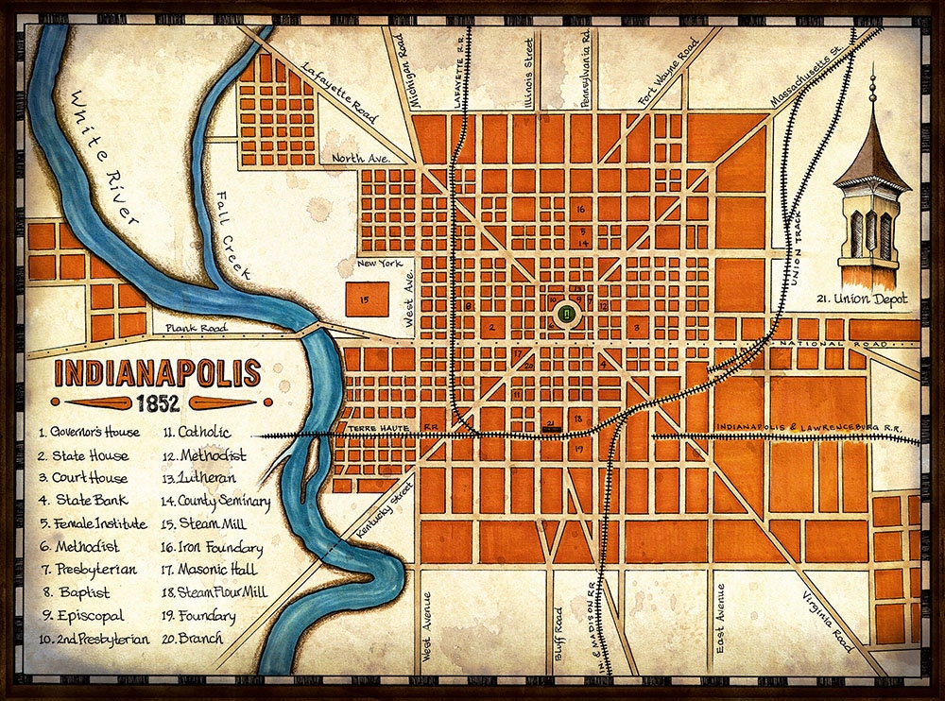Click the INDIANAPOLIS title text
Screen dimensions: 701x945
point(157,373)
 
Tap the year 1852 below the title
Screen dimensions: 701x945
point(157,403)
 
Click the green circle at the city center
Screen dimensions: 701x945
point(565,313)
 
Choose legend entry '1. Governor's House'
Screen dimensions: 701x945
point(90,433)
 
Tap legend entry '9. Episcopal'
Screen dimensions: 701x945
point(82,616)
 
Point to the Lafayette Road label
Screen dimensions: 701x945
point(339,94)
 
